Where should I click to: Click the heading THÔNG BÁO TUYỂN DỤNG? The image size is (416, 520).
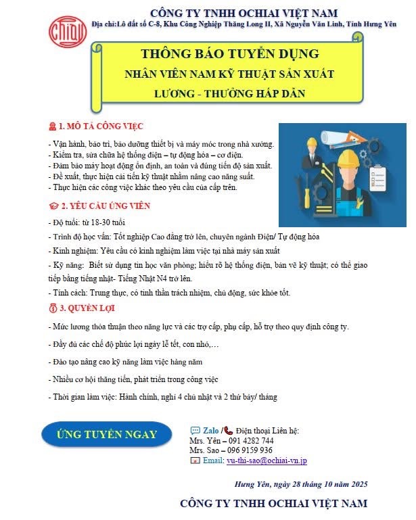[x=229, y=53]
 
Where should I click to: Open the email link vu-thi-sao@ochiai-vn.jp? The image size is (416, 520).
[x=267, y=460]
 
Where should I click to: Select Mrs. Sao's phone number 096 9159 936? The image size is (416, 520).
[x=249, y=450]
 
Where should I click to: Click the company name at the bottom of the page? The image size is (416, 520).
[x=273, y=504]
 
